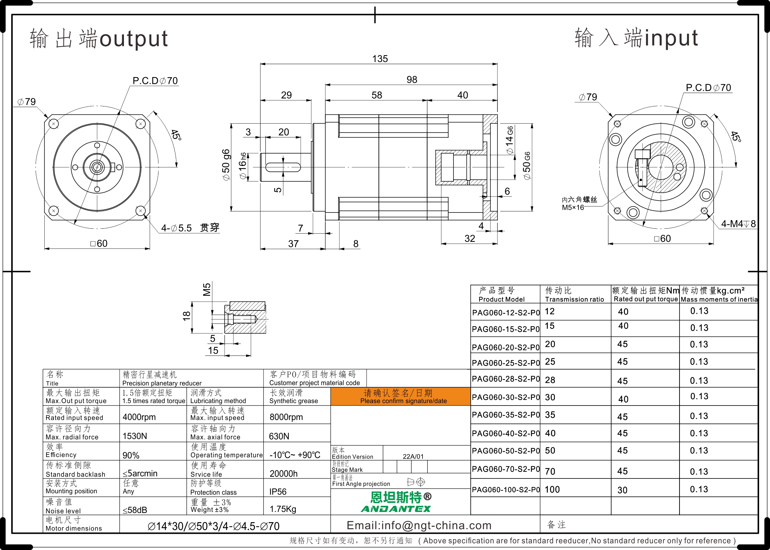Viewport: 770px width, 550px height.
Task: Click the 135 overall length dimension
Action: (380, 59)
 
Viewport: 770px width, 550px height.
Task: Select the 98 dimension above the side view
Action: (412, 80)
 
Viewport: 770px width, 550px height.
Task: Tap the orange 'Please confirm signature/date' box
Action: (400, 396)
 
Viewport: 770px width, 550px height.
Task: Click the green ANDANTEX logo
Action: (396, 509)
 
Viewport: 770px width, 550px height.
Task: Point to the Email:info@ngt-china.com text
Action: (419, 525)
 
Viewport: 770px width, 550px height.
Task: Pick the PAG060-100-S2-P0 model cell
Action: (506, 489)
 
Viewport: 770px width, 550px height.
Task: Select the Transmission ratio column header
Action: (574, 299)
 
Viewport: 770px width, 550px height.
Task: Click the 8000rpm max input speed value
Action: (286, 417)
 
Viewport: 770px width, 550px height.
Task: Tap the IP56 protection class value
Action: (278, 492)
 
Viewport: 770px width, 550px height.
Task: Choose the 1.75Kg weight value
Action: (283, 509)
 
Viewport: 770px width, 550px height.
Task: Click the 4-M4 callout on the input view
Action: (738, 224)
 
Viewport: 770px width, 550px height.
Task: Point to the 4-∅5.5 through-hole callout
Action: (190, 228)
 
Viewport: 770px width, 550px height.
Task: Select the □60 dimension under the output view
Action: (99, 243)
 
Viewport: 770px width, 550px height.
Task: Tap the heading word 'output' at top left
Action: (134, 39)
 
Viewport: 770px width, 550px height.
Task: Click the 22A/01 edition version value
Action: (413, 456)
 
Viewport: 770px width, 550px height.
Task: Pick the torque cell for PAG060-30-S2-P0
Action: (623, 399)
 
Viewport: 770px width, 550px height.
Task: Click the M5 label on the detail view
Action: (207, 289)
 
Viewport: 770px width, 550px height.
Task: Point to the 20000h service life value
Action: (283, 474)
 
